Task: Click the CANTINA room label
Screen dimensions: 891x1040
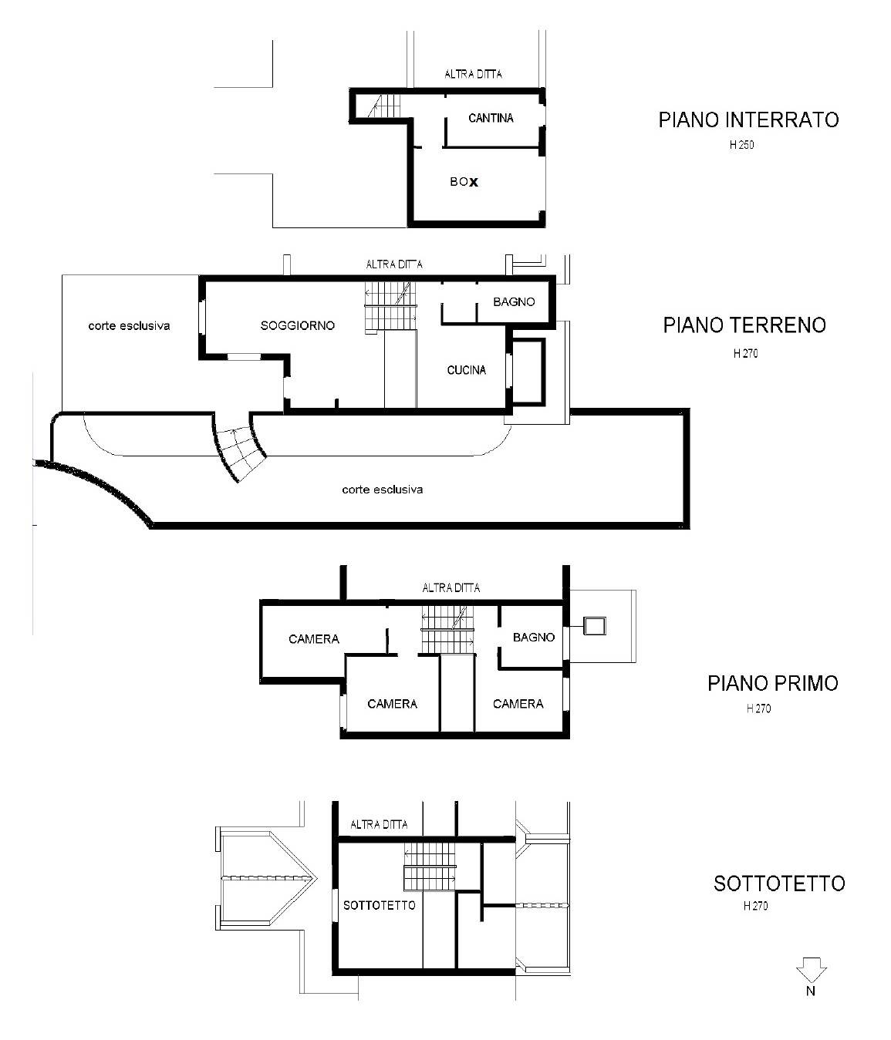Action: tap(491, 118)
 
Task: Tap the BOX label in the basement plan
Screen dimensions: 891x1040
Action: tap(464, 182)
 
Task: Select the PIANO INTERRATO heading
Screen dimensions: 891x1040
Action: tap(748, 119)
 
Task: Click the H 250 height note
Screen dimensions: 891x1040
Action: tap(741, 145)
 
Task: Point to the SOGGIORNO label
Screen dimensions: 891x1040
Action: tap(298, 325)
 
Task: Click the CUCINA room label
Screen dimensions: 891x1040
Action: tap(466, 370)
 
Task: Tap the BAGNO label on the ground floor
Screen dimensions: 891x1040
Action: tap(514, 302)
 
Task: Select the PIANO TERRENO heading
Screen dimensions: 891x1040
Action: tap(744, 325)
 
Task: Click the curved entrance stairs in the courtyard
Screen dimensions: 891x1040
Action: tap(239, 446)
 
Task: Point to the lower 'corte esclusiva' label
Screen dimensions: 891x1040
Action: tap(382, 490)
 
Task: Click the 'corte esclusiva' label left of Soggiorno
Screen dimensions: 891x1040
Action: tap(129, 325)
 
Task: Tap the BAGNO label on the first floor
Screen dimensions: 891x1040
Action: tap(534, 638)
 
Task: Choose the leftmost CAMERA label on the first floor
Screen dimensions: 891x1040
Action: tap(314, 639)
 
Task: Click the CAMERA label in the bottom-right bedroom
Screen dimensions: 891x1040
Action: tap(518, 704)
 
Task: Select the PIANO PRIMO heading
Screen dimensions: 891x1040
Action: tap(773, 683)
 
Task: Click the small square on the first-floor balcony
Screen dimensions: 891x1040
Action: tap(595, 626)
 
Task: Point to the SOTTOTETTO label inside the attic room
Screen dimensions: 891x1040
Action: tap(379, 906)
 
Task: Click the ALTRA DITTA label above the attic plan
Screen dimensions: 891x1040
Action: tap(379, 825)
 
